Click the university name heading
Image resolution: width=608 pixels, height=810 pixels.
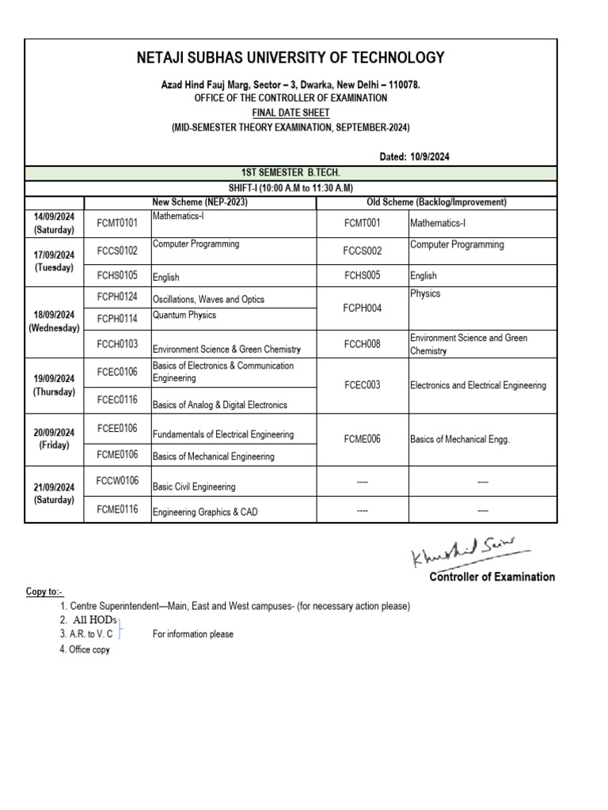(291, 58)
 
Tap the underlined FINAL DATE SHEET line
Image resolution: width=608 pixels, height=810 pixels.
(291, 112)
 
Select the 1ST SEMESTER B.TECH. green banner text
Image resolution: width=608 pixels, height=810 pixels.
(291, 173)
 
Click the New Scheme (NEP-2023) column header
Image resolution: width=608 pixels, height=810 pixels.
(199, 202)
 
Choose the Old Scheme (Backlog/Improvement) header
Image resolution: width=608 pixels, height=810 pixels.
(437, 202)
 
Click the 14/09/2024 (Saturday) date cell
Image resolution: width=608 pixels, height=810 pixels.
(54, 223)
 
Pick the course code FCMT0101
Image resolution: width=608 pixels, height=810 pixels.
(117, 224)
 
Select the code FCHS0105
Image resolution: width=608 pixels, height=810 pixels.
(117, 275)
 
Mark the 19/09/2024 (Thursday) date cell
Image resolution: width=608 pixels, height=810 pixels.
(54, 385)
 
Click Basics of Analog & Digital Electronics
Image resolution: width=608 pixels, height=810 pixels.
(219, 405)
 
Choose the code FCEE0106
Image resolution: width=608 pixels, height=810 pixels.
(117, 429)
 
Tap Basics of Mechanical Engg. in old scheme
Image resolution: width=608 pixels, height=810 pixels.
(459, 439)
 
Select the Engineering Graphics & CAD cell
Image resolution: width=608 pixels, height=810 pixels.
(204, 512)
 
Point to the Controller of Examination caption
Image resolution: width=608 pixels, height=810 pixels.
(492, 577)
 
